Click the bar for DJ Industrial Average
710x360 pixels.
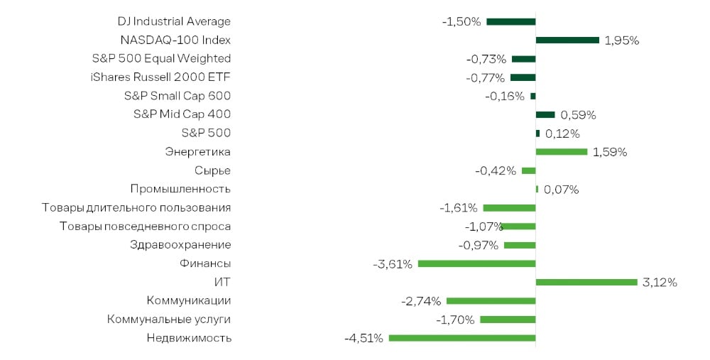click(x=510, y=22)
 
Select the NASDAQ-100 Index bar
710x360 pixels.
click(x=567, y=40)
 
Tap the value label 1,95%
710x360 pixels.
click(x=622, y=40)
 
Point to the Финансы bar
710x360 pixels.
click(x=477, y=263)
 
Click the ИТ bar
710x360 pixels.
click(x=586, y=282)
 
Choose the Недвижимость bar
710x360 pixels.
click(x=462, y=338)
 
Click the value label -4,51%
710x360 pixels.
click(x=364, y=338)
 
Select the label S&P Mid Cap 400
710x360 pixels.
click(x=182, y=114)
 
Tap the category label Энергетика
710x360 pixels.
click(x=197, y=152)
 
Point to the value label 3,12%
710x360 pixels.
click(x=660, y=283)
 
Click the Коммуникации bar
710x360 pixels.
click(x=491, y=300)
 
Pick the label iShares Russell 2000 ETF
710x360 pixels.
click(x=160, y=77)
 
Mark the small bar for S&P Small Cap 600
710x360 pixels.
click(x=533, y=96)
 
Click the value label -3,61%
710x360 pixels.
click(x=393, y=264)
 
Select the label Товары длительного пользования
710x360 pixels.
click(x=136, y=208)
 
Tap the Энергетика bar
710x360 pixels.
click(x=562, y=152)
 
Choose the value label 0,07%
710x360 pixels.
click(x=561, y=190)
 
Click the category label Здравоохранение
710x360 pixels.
click(x=180, y=245)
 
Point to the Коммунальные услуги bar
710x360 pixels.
click(x=508, y=320)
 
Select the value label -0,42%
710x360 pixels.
click(x=496, y=170)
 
